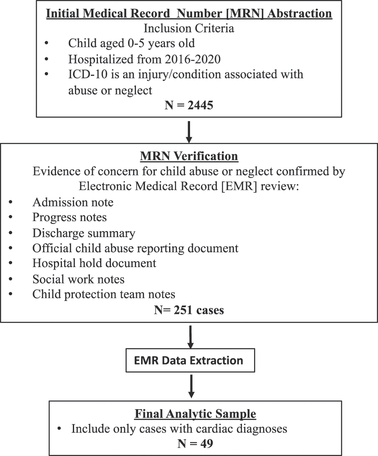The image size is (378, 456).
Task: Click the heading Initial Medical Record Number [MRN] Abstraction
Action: click(x=189, y=13)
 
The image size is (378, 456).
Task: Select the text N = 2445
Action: click(x=189, y=105)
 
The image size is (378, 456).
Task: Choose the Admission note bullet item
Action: click(x=73, y=202)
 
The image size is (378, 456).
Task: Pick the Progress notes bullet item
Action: click(x=69, y=217)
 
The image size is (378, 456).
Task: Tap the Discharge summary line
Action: click(x=84, y=233)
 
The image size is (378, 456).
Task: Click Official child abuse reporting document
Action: click(x=135, y=248)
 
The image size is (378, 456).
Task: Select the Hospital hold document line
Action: click(x=94, y=263)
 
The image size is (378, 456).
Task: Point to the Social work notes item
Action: click(x=78, y=279)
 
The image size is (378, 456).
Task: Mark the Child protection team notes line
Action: click(x=104, y=294)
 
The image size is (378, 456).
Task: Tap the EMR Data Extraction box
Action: click(x=190, y=360)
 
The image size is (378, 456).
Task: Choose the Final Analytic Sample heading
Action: click(x=195, y=414)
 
